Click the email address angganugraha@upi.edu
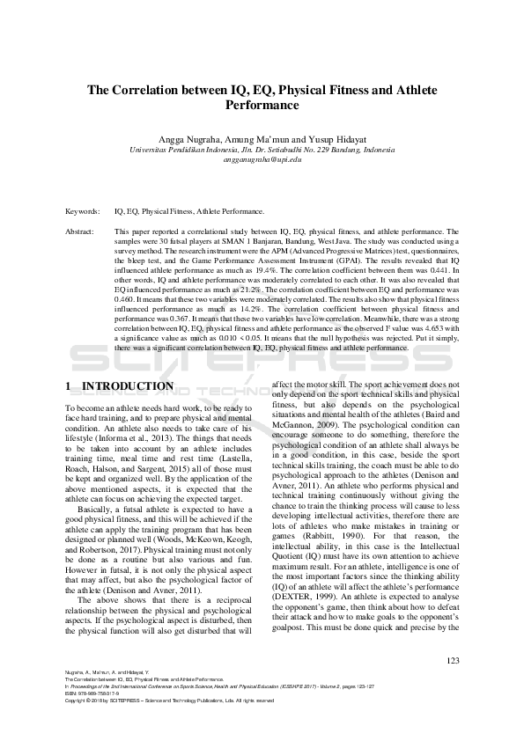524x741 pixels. click(x=262, y=160)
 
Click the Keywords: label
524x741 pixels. click(x=83, y=212)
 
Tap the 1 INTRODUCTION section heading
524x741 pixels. click(x=120, y=386)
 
